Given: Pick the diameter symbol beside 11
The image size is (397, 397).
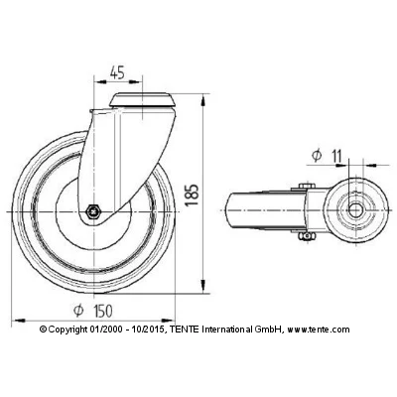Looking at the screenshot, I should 316,154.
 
